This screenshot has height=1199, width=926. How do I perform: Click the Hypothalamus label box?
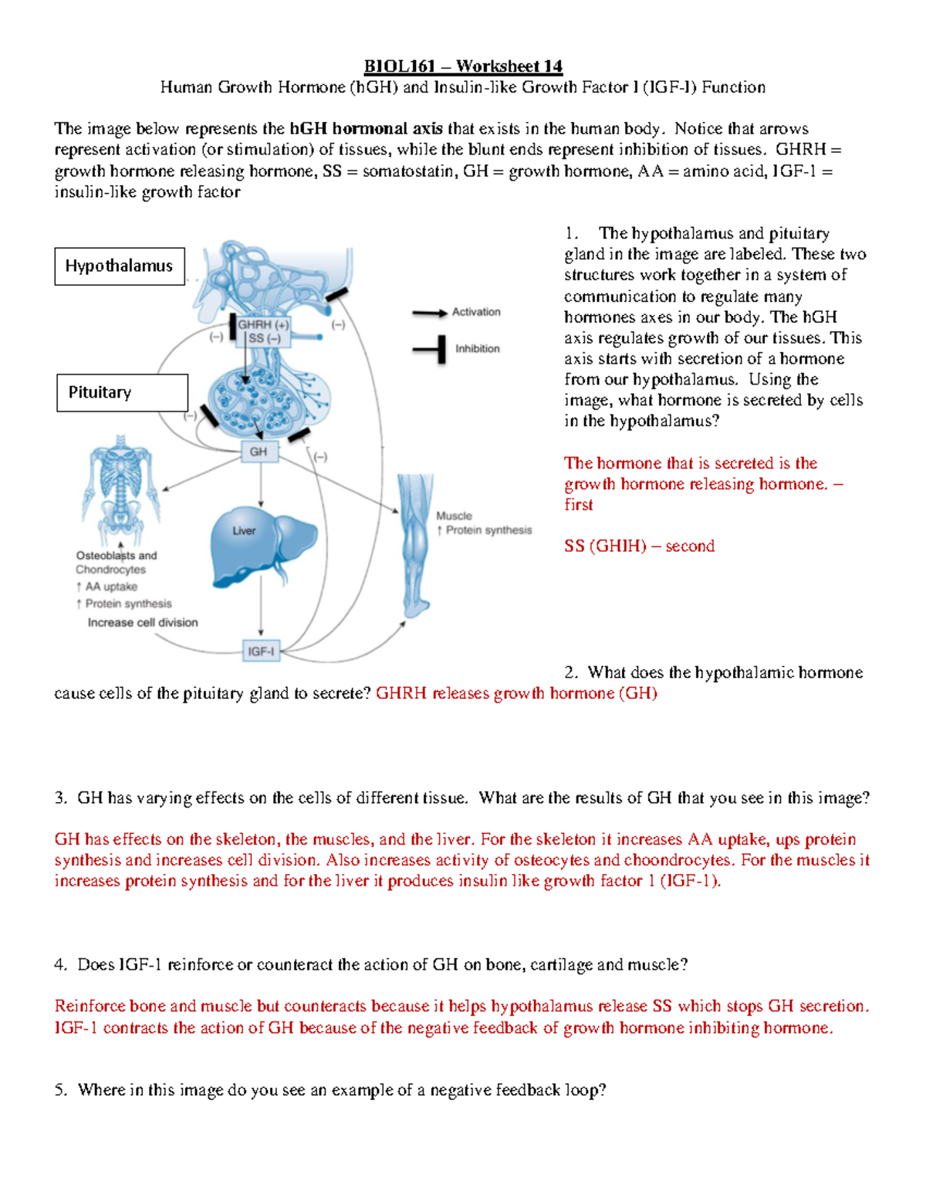tap(119, 266)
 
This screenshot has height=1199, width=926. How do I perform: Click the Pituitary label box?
tap(122, 393)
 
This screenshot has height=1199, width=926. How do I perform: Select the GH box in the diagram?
tap(259, 452)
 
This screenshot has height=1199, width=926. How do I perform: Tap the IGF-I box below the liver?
tap(261, 652)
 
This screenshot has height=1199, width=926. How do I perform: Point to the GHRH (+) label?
tap(263, 325)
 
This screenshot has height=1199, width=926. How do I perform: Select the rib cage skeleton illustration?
tap(120, 486)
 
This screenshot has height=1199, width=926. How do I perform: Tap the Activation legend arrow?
tap(429, 313)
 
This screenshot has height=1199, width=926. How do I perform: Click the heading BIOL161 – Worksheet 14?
tap(463, 66)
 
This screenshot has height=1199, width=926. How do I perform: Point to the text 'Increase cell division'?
tap(143, 622)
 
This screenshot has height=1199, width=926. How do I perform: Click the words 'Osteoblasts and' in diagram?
tap(117, 555)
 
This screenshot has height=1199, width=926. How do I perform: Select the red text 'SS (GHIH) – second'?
tap(639, 546)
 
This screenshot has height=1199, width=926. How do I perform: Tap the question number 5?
tap(60, 1090)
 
